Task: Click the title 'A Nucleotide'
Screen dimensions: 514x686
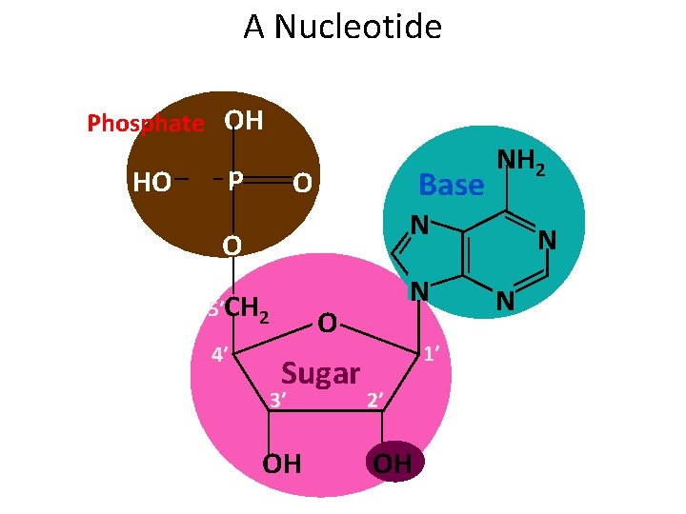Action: click(x=342, y=27)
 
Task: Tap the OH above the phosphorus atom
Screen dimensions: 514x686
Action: click(x=244, y=121)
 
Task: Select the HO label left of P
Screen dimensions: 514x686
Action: click(x=152, y=181)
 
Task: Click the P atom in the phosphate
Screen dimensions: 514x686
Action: click(x=235, y=180)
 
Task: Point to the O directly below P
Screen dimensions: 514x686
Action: click(x=232, y=247)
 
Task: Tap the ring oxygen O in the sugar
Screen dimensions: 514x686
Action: click(x=326, y=324)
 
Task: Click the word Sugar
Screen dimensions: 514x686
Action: click(x=321, y=373)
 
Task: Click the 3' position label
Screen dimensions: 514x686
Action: click(x=277, y=400)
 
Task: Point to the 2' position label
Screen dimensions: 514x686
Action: click(x=375, y=400)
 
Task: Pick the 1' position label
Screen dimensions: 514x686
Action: click(x=431, y=354)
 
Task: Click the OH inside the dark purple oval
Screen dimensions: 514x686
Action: click(x=393, y=464)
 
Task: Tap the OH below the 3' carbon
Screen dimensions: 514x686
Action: click(x=282, y=464)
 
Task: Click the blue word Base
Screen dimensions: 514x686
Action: click(x=452, y=185)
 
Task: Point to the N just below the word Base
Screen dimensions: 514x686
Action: click(x=417, y=226)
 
